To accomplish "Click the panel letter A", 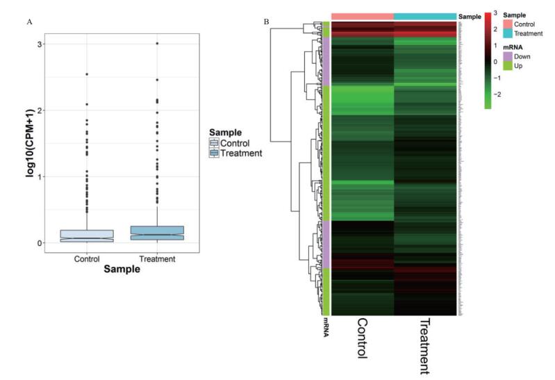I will coord(30,22).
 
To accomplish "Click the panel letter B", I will coord(266,22).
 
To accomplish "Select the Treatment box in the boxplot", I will coord(156,233).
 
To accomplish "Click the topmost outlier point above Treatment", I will coord(156,44).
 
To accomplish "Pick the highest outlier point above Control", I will coord(86,74).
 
